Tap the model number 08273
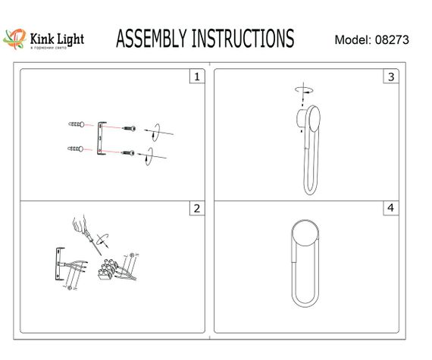click(x=392, y=40)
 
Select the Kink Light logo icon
click(x=14, y=38)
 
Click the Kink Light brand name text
click(x=57, y=38)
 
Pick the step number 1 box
click(x=197, y=77)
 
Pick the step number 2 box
click(x=197, y=208)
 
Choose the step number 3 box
click(x=391, y=77)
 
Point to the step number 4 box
click(x=391, y=208)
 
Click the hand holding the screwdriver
click(x=78, y=225)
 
